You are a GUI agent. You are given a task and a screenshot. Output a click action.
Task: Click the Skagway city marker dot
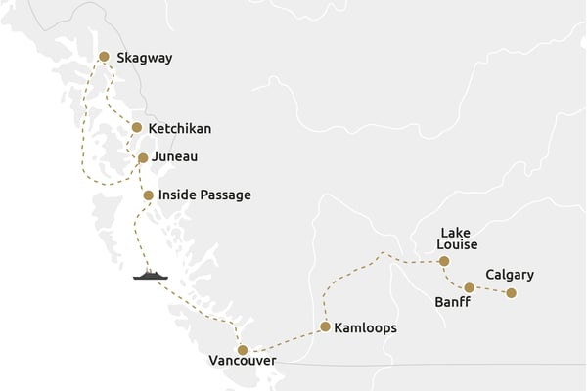pos(105,58)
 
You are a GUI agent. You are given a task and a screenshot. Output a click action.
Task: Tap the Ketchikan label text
pos(179,128)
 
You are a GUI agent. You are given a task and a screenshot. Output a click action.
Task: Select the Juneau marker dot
pos(143,157)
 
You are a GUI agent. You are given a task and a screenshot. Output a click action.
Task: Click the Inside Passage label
pos(204,195)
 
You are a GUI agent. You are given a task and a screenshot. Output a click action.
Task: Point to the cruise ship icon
pos(151,275)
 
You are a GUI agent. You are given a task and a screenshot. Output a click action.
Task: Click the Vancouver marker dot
pos(243,350)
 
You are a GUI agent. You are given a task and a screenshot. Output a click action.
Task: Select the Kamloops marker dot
pos(324,327)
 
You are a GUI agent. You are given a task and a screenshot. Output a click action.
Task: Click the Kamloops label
pos(365,328)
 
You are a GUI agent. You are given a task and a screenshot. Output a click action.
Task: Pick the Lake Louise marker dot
pos(444,261)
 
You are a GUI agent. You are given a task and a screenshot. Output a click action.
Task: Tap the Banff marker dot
pos(470,287)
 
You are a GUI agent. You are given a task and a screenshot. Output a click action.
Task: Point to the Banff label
pos(452,303)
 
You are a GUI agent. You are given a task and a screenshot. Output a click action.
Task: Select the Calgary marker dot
pos(511,292)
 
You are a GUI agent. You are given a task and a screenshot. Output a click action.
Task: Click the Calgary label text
pos(510,275)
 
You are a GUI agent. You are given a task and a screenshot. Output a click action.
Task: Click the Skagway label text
pos(144,58)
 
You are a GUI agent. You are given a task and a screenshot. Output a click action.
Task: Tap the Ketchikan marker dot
pos(137,128)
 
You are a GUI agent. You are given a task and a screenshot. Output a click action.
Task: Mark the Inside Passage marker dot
pos(148,195)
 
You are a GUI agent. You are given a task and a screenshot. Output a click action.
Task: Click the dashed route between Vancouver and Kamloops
pos(284,339)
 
